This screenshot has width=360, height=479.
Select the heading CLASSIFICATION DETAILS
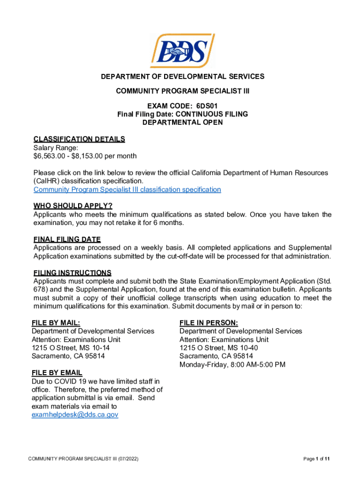[x=79, y=139]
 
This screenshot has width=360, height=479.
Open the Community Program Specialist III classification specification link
[x=127, y=189]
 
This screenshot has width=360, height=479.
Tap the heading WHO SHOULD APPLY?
[x=73, y=206]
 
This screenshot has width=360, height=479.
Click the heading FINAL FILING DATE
[x=67, y=239]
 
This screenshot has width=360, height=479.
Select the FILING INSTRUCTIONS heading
[x=72, y=273]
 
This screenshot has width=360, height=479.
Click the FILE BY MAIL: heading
[x=55, y=323]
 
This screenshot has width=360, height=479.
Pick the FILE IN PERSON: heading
[x=209, y=323]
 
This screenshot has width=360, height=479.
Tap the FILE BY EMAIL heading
[x=57, y=373]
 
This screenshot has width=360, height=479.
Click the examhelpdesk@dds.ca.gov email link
[x=75, y=415]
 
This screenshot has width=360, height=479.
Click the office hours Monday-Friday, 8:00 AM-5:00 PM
[x=232, y=364]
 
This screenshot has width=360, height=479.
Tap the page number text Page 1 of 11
[x=317, y=459]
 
